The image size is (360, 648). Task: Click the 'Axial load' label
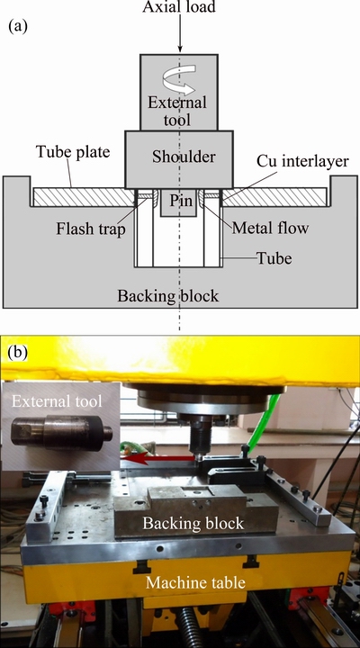tap(179, 6)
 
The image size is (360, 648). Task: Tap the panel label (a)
tap(18, 26)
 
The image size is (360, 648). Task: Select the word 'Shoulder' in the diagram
tap(184, 157)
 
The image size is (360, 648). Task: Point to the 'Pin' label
tap(181, 201)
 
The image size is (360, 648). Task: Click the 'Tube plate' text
tap(73, 152)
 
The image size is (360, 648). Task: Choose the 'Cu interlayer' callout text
tap(302, 161)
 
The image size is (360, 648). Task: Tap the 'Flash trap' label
tap(91, 229)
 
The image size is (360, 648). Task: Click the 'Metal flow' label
tap(270, 228)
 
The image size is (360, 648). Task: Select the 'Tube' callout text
tap(274, 258)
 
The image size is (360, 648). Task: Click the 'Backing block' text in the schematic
tap(167, 296)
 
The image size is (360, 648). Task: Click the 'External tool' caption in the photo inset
tap(56, 401)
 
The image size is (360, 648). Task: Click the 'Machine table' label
tap(195, 582)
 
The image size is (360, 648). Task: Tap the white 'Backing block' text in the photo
tap(193, 523)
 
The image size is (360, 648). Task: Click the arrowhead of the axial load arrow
tap(180, 49)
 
